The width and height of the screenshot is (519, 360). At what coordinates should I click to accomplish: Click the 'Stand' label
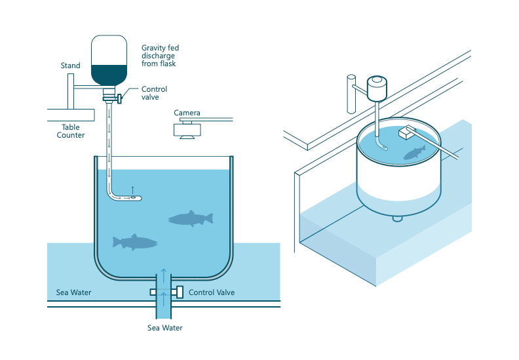point(70,66)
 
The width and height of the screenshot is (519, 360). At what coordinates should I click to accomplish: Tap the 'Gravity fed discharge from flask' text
point(160,56)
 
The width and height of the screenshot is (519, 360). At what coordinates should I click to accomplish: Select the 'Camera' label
point(187,113)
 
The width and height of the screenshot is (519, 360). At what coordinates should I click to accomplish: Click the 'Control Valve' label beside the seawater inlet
point(211,292)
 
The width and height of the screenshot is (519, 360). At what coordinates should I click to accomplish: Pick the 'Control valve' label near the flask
point(154,93)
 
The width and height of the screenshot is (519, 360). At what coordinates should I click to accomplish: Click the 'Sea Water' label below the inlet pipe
point(164,328)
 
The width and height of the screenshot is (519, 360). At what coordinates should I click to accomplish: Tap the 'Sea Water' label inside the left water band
point(73,292)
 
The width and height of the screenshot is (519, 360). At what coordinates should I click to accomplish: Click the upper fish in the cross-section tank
point(191,218)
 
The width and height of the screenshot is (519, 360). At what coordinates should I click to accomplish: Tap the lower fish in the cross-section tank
point(135,242)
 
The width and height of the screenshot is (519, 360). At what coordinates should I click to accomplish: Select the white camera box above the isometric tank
point(406,133)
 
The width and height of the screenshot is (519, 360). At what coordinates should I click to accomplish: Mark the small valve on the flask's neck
point(120,98)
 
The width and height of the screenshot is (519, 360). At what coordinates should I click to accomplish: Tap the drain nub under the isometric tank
point(397,218)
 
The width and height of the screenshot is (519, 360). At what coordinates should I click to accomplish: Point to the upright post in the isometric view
point(351,94)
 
